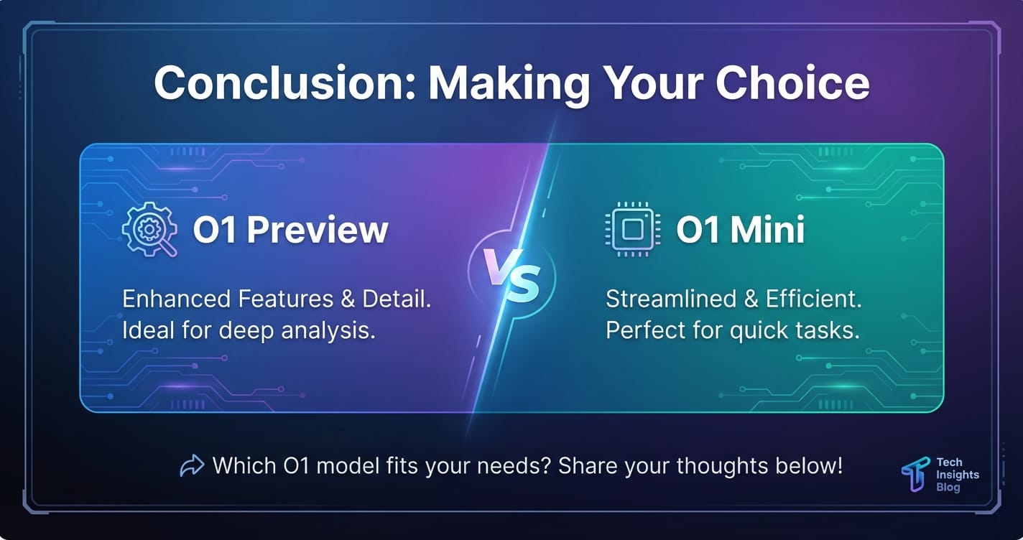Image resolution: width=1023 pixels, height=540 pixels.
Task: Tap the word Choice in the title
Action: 792,83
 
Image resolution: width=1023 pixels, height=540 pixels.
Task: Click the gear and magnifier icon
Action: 149,229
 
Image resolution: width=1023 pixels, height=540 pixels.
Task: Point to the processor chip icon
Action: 632,229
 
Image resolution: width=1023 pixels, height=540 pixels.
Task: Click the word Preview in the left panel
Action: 318,230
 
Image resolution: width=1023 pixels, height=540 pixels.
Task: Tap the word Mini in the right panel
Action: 767,229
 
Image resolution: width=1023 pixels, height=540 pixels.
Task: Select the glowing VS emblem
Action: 512,275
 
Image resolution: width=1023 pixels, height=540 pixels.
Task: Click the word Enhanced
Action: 176,299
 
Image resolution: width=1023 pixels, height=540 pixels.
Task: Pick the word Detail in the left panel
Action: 397,299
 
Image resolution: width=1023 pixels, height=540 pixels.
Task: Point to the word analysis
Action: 328,331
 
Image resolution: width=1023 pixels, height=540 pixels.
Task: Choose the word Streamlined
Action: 671,299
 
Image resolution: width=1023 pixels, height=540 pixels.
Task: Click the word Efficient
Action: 813,299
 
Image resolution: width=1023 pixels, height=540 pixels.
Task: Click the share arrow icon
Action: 192,466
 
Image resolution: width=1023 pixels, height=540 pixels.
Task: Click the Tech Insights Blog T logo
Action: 916,475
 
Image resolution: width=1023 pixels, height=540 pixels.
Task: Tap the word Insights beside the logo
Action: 958,475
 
